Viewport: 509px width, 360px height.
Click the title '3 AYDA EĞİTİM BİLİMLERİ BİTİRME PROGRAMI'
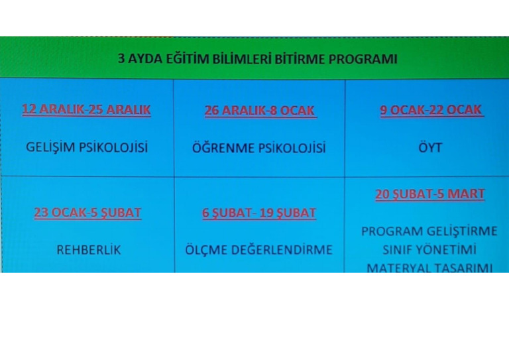(x=257, y=58)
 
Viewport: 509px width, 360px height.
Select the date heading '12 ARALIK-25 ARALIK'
(x=86, y=110)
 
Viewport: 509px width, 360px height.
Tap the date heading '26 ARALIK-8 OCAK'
(x=260, y=111)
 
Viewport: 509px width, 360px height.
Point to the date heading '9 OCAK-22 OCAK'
(x=431, y=110)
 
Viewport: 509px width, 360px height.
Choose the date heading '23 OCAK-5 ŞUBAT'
(x=87, y=213)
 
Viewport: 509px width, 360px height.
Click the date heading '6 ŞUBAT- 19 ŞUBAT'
(x=259, y=213)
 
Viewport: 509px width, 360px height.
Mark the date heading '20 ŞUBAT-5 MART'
(x=429, y=194)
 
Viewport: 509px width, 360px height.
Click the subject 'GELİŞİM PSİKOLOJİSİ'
(x=87, y=147)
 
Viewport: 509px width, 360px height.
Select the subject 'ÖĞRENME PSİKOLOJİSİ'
(x=259, y=148)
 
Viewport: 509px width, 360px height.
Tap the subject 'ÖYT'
(x=430, y=147)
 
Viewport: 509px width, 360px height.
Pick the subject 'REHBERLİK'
(x=89, y=251)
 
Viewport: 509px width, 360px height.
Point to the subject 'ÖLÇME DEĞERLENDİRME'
(x=259, y=251)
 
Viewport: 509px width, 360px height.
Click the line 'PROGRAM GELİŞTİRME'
(x=429, y=231)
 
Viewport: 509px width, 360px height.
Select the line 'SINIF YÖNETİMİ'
(x=429, y=250)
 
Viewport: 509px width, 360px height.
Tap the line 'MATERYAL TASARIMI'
(x=429, y=267)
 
